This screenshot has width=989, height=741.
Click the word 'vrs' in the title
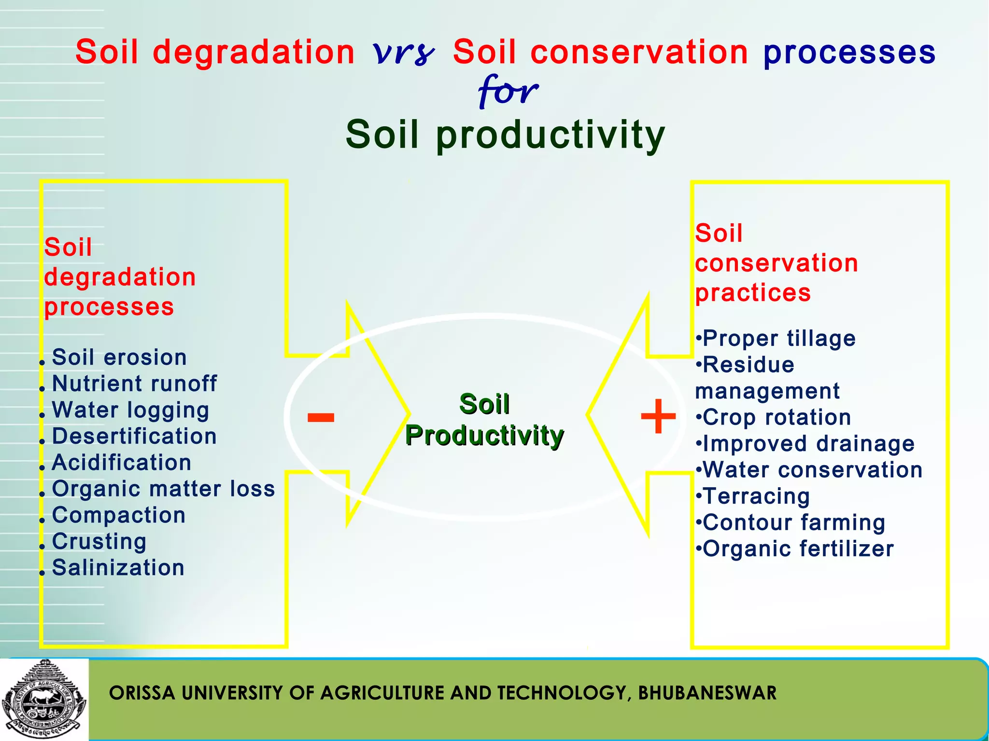pos(404,53)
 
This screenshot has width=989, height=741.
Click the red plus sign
pos(658,417)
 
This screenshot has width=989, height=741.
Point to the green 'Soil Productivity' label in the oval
pos(484,420)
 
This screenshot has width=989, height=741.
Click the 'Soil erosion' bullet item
pos(119,357)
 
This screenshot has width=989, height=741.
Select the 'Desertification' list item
pos(134,436)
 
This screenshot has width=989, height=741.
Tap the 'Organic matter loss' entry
pos(163,489)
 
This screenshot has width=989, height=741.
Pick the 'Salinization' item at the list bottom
pos(118,568)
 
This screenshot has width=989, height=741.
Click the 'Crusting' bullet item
pos(99,541)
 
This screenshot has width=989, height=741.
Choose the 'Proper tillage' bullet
pos(778,338)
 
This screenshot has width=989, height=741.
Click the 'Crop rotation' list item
pos(776,417)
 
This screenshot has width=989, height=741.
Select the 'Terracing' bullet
pos(756,496)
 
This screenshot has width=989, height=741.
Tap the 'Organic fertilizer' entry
pos(798,549)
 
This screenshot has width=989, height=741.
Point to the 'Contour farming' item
pos(793,522)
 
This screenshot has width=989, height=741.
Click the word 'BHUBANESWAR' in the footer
pos(707,693)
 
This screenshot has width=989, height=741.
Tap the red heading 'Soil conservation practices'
pos(776,263)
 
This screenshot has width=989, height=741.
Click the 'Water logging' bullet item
pos(130,410)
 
